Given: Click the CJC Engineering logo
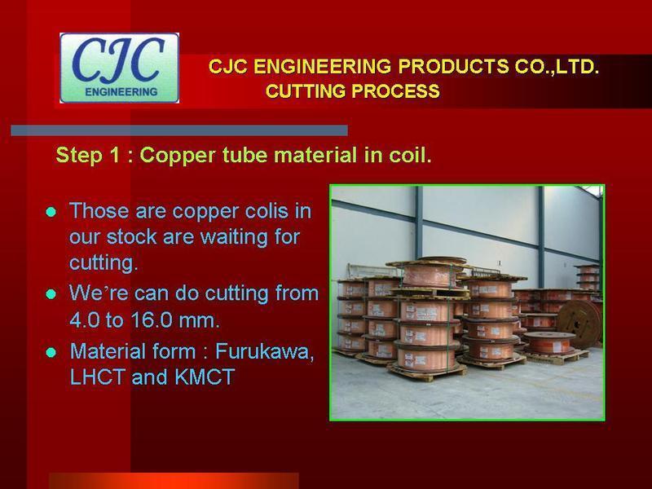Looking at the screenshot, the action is (x=120, y=68).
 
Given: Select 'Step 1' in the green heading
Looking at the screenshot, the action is (x=89, y=155).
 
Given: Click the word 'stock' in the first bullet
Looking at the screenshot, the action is (x=131, y=237).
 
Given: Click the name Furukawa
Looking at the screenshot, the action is (x=265, y=352).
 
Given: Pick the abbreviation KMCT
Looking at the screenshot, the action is (x=205, y=377).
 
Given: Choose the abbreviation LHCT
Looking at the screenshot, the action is (x=98, y=377).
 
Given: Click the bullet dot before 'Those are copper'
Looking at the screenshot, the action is (x=51, y=212).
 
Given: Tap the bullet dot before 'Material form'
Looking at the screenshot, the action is (x=51, y=353).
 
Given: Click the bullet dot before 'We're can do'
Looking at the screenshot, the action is (x=51, y=294).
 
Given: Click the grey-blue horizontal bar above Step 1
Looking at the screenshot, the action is (x=179, y=130).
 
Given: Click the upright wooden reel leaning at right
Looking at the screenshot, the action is (x=579, y=319).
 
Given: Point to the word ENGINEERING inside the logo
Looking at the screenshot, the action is (x=121, y=92).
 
